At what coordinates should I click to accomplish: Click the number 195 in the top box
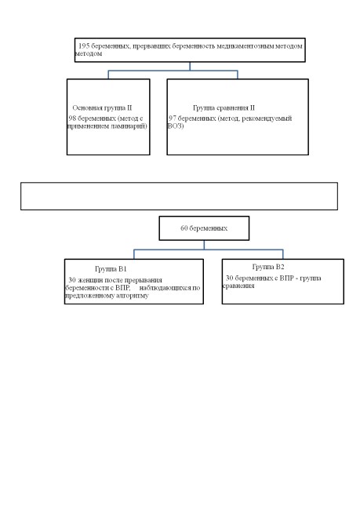click(84, 46)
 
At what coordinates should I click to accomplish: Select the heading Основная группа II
click(102, 107)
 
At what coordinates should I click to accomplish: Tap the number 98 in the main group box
click(72, 118)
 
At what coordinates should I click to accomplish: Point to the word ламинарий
click(129, 126)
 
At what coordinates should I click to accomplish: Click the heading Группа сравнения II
click(224, 107)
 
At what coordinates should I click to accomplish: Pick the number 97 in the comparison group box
click(173, 118)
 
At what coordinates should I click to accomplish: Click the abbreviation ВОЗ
click(175, 126)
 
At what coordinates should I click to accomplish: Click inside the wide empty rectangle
click(179, 196)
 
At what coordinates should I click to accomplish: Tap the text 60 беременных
click(204, 228)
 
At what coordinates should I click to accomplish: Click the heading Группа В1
click(111, 269)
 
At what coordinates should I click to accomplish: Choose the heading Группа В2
click(268, 267)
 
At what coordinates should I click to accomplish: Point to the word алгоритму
click(133, 296)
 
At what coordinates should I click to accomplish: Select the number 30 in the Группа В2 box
click(230, 278)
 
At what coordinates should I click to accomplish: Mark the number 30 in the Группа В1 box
click(72, 280)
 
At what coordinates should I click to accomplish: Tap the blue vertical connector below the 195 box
click(190, 66)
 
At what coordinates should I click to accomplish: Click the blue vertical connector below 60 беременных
click(204, 246)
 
